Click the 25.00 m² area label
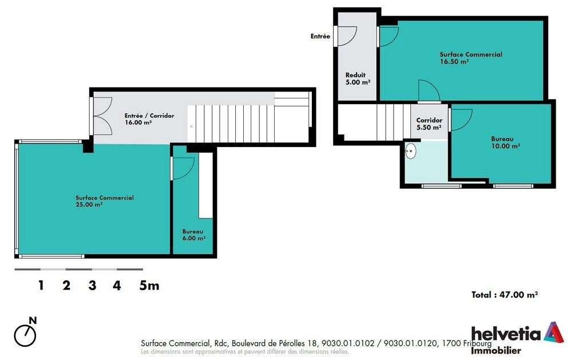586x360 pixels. [89, 204]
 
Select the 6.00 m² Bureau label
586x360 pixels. [193, 235]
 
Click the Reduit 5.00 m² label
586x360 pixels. [358, 78]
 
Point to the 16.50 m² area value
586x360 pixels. [454, 62]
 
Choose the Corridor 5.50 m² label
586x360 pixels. [429, 124]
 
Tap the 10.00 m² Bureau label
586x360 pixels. [505, 143]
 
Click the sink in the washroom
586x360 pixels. [410, 151]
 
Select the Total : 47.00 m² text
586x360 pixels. [505, 295]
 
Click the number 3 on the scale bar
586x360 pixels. [92, 286]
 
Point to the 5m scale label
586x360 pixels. [149, 286]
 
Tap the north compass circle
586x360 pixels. [25, 336]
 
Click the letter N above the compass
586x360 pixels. [33, 321]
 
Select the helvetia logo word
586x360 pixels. [506, 334]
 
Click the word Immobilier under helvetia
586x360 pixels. [496, 351]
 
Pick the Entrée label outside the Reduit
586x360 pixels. [320, 36]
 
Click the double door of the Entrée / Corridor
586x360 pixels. [102, 116]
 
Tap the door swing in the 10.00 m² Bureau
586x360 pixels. [461, 120]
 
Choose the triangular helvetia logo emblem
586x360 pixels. [554, 332]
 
